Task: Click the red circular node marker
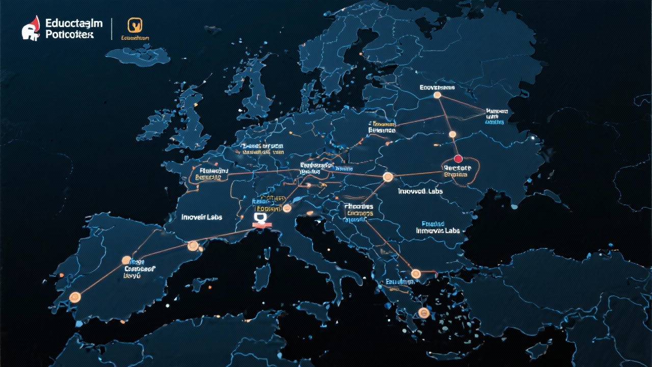457,159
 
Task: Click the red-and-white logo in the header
31,28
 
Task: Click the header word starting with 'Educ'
74,23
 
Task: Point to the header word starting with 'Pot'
69,35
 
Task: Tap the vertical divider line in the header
112,29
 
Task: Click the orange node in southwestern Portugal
75,297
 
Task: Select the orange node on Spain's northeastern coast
193,246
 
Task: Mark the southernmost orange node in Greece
422,312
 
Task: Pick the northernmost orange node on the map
437,95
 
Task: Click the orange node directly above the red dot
452,135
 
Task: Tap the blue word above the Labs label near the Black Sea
433,224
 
